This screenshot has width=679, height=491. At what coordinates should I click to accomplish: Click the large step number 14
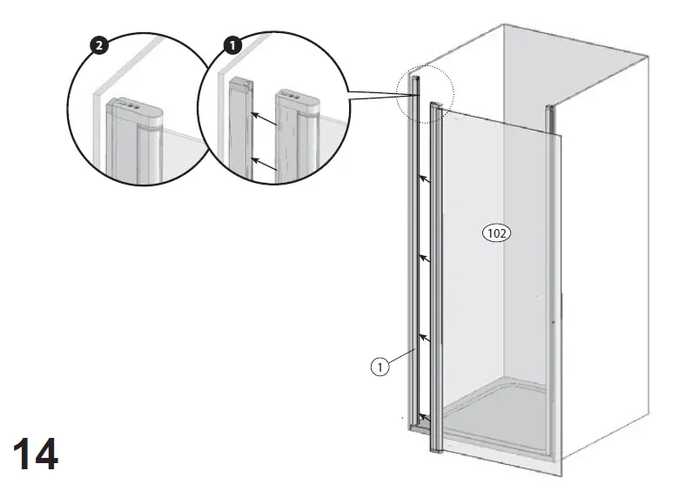pyautogui.click(x=35, y=454)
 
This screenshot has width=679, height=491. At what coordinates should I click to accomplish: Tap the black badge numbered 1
pyautogui.click(x=232, y=43)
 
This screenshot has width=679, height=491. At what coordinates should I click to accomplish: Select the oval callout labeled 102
pyautogui.click(x=496, y=232)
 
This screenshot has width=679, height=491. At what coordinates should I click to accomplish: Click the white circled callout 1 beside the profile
pyautogui.click(x=380, y=367)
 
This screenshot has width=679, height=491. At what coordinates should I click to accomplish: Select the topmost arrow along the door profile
pyautogui.click(x=426, y=179)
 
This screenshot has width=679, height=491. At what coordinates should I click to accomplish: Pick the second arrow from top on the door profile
pyautogui.click(x=426, y=258)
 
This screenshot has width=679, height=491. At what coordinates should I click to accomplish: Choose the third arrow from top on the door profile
pyautogui.click(x=426, y=335)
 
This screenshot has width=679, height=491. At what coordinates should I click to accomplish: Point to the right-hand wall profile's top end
pyautogui.click(x=549, y=111)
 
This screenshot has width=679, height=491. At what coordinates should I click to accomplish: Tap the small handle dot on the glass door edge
pyautogui.click(x=554, y=324)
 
